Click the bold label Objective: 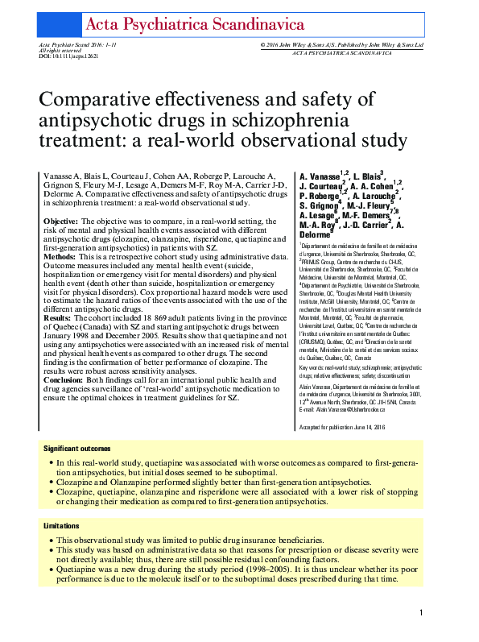[x=60, y=221]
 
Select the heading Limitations [x=61, y=525]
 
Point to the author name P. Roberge [x=319, y=196]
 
